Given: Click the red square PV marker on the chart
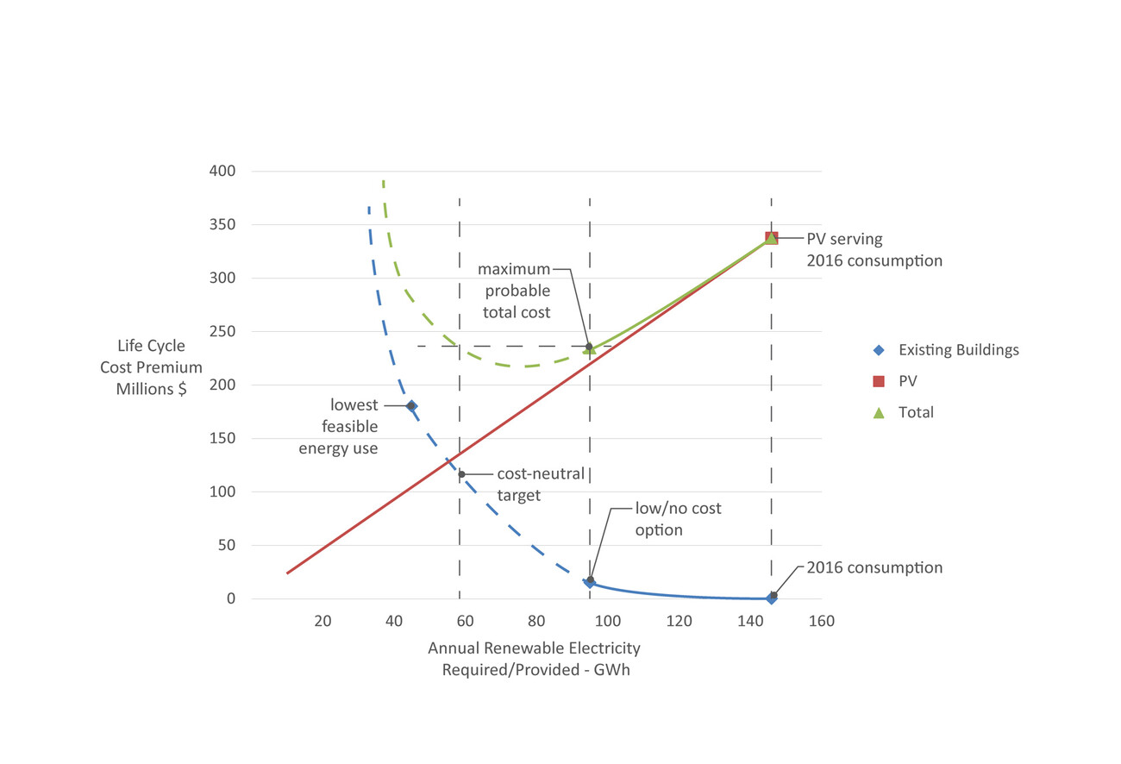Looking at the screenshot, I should (x=772, y=238).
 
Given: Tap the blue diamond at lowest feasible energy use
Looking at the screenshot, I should (x=411, y=405).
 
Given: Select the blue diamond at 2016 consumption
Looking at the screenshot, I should (x=772, y=598).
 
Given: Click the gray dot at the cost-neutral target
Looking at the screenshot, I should (x=461, y=474).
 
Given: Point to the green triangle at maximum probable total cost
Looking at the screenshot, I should (x=590, y=349).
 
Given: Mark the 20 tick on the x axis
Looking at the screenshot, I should (x=323, y=621).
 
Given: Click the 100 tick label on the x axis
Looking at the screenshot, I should (x=608, y=621).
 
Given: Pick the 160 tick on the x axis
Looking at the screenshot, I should (x=822, y=621).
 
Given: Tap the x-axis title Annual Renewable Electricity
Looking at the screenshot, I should (x=535, y=659).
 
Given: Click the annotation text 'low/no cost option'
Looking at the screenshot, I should (x=678, y=519).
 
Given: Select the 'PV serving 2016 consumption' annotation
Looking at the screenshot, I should (x=874, y=249).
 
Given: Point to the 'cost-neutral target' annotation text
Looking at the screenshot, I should (x=541, y=485).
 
